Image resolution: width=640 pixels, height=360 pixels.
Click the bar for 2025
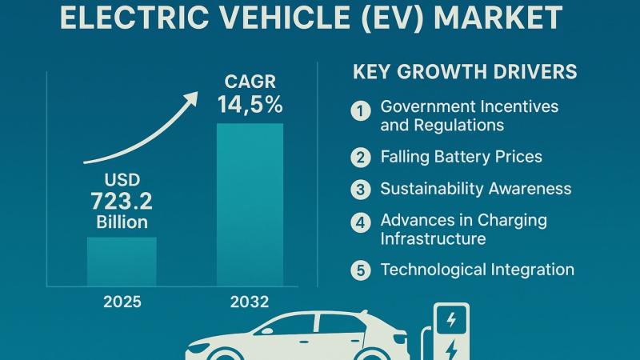[x=122, y=261]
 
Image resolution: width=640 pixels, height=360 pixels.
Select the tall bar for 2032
[x=250, y=204]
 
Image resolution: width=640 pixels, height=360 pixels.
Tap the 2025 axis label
[x=122, y=302]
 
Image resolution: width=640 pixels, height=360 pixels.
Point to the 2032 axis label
[x=250, y=302]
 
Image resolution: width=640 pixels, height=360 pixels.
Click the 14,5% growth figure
[x=250, y=105]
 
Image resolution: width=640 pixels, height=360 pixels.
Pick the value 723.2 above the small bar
[x=122, y=201]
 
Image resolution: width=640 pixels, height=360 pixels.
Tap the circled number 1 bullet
[x=362, y=110]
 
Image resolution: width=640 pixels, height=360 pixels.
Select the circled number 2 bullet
[x=362, y=157]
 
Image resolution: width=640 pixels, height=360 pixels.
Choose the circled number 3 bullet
[x=362, y=190]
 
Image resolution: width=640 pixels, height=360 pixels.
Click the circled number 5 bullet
[x=362, y=270]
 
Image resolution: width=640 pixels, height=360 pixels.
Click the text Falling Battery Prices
[x=461, y=157]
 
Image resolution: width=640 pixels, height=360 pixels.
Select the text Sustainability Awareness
[x=476, y=189]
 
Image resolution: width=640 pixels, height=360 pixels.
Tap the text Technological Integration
[x=477, y=270]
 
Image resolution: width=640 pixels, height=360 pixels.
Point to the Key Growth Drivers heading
[x=465, y=72]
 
